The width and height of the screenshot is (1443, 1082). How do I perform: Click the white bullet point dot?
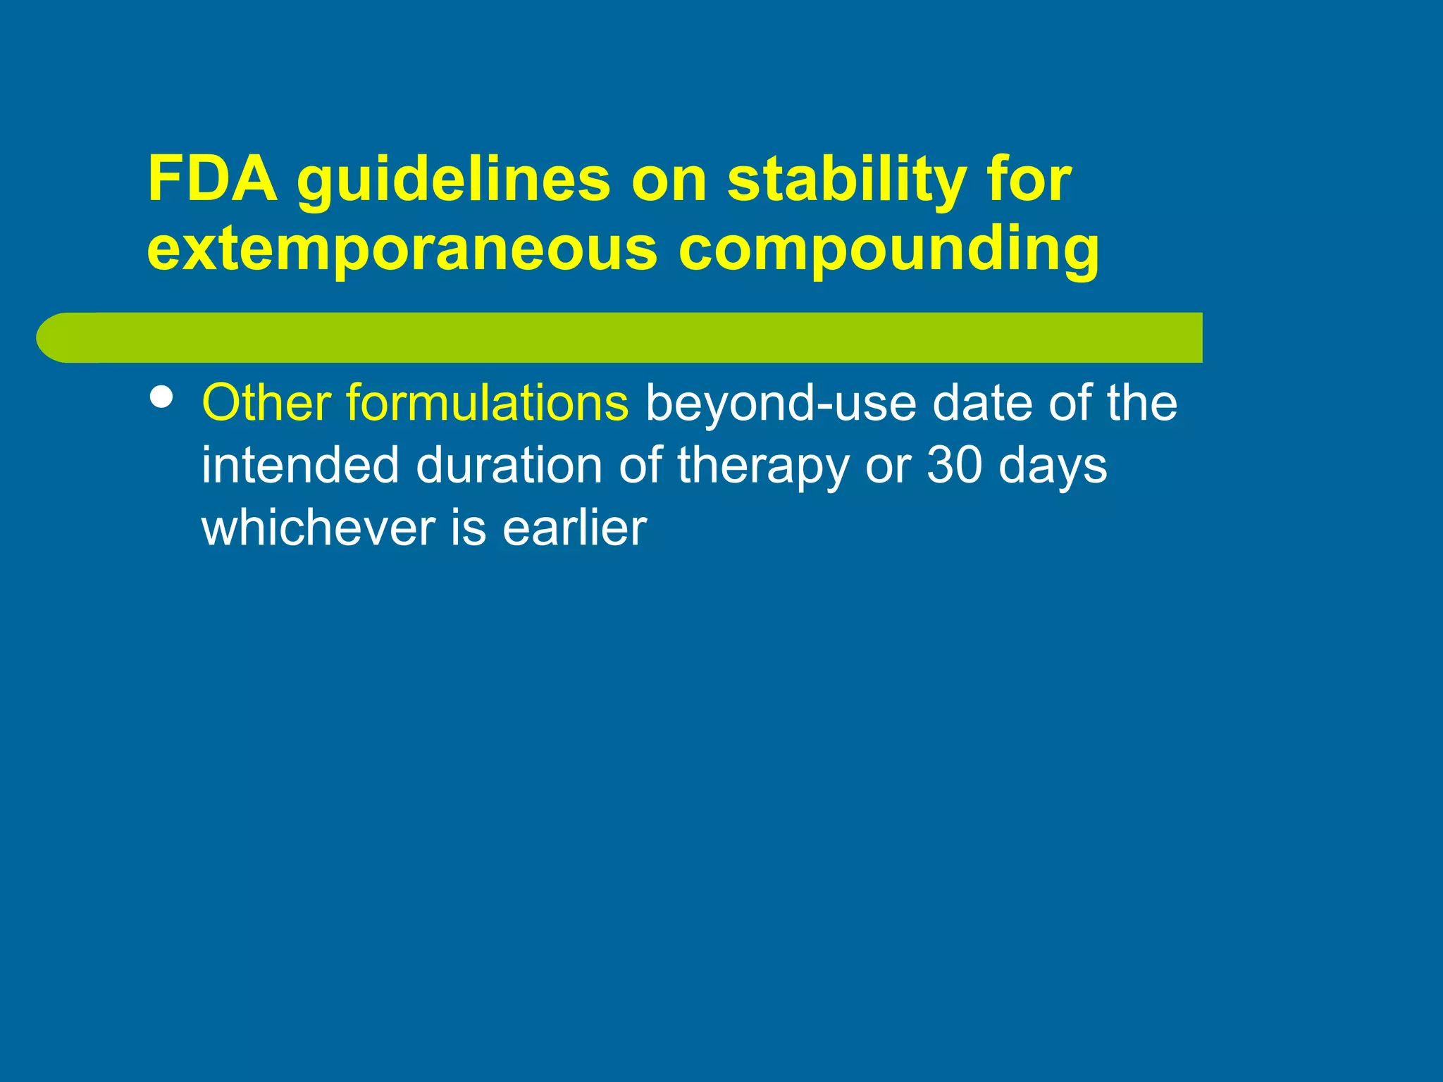162,397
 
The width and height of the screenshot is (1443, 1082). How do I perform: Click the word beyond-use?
781,404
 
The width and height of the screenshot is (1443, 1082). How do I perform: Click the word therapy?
763,466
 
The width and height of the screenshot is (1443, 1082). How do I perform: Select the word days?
1053,466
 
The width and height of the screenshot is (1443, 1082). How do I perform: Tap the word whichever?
318,528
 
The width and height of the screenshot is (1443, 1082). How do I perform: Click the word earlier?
574,528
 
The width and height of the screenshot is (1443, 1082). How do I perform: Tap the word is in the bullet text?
468,528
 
